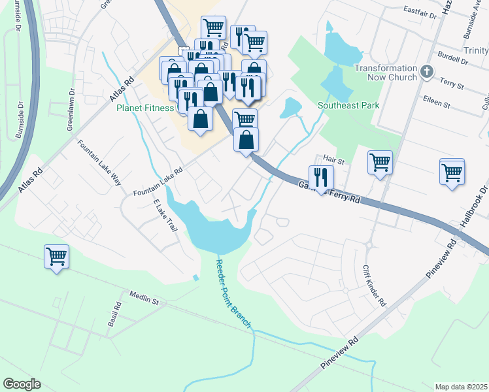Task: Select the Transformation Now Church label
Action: coord(385,73)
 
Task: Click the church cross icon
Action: coord(427,71)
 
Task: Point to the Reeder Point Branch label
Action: coord(233,294)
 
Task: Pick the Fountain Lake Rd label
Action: coord(158,183)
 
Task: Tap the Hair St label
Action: coord(333,159)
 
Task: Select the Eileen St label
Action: coord(437,104)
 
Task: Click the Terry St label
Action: coord(451,85)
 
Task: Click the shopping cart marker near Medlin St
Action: coord(56,257)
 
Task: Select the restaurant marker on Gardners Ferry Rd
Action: coord(321,176)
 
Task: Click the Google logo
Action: coord(22,384)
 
